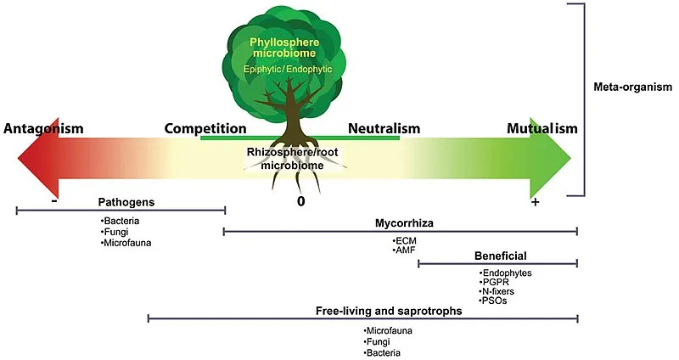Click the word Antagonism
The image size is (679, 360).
[43, 129]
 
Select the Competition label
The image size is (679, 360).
[205, 129]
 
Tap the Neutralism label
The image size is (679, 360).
[384, 129]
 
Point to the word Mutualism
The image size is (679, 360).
[542, 129]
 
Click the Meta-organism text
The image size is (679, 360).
[632, 87]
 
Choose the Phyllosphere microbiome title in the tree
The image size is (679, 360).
[284, 48]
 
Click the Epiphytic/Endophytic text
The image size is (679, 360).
[288, 70]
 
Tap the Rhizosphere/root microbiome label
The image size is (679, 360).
[292, 159]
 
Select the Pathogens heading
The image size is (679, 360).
[126, 202]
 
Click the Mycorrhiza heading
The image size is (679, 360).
[404, 223]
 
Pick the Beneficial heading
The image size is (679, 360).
[501, 256]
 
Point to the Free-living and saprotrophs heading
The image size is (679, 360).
[389, 311]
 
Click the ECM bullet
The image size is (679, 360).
[405, 241]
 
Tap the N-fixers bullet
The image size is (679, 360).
[497, 291]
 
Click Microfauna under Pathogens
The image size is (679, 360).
[126, 243]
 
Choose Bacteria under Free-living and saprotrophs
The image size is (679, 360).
[382, 353]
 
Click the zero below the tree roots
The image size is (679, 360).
[300, 201]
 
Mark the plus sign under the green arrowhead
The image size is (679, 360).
[536, 202]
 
